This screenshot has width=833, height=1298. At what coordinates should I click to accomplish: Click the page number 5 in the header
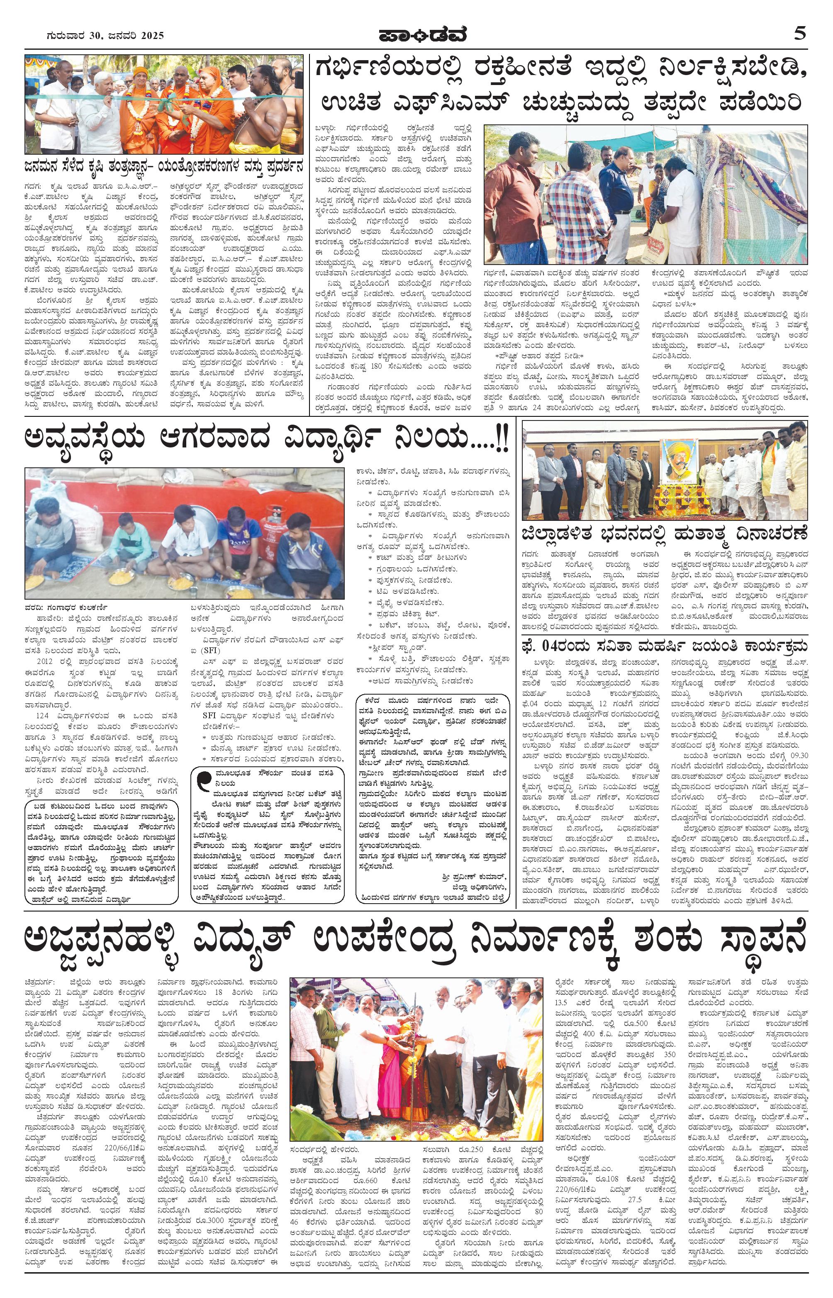tap(800, 34)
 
